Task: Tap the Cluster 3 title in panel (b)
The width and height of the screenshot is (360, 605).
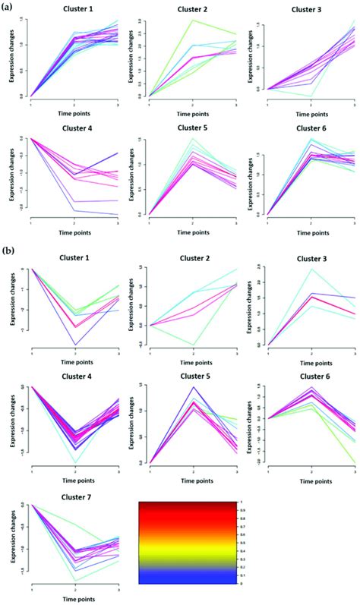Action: (311, 258)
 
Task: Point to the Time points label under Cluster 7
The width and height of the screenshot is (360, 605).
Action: (75, 597)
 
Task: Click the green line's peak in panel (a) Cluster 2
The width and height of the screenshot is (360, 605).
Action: (193, 20)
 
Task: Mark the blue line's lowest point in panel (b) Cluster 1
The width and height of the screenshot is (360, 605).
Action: (75, 345)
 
